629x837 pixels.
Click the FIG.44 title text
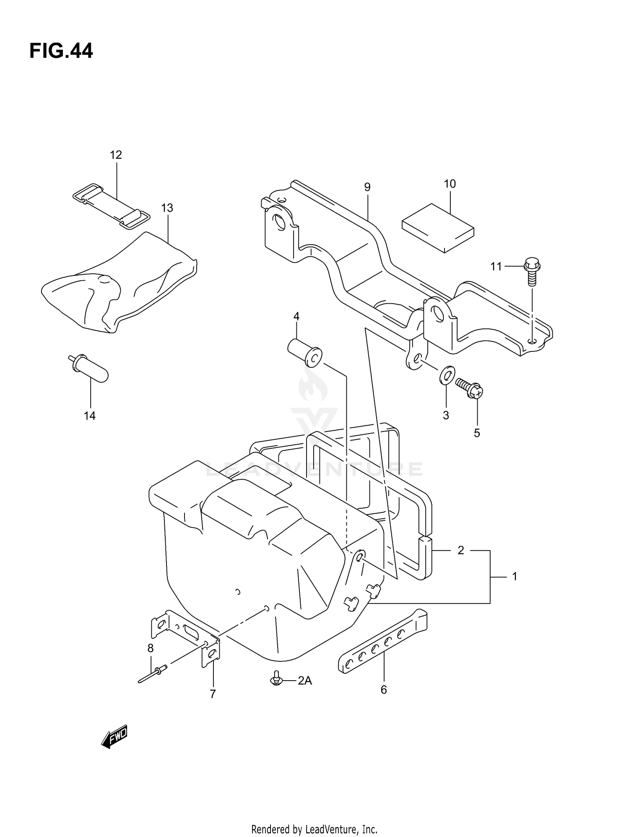pyautogui.click(x=61, y=51)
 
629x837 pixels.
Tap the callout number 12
pyautogui.click(x=116, y=155)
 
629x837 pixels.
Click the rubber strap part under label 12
pyautogui.click(x=111, y=207)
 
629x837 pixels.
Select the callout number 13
pyautogui.click(x=167, y=208)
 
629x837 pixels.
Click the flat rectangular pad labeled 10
pyautogui.click(x=438, y=228)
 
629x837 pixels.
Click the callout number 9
pyautogui.click(x=367, y=187)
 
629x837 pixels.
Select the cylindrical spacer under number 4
pyautogui.click(x=304, y=353)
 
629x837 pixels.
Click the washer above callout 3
pyautogui.click(x=447, y=374)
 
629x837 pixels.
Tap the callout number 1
pyautogui.click(x=515, y=577)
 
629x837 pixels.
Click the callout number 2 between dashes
pyautogui.click(x=461, y=550)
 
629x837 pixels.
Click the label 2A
pyautogui.click(x=305, y=681)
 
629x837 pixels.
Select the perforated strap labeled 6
pyautogui.click(x=382, y=642)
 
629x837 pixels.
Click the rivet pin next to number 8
pyautogui.click(x=153, y=674)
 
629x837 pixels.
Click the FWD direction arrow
pyautogui.click(x=114, y=736)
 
